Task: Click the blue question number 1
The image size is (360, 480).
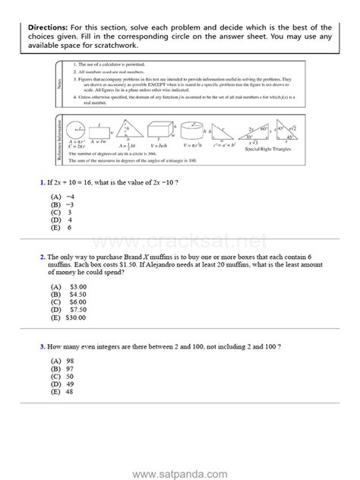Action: click(x=41, y=184)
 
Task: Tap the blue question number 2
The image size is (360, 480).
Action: click(x=41, y=258)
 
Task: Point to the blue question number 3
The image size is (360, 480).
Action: click(x=41, y=346)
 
